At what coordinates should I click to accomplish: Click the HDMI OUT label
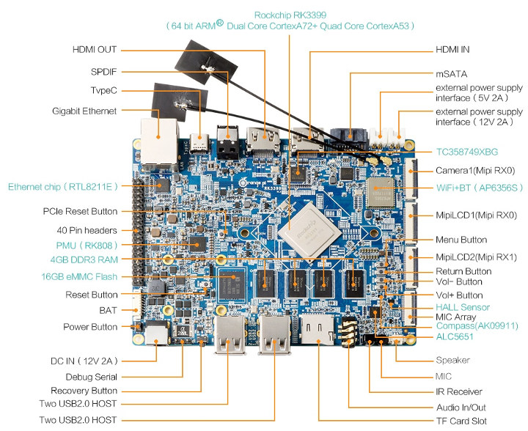pyautogui.click(x=95, y=50)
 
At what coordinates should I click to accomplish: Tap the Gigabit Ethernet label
pyautogui.click(x=84, y=111)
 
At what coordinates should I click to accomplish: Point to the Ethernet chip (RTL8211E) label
pyautogui.click(x=63, y=187)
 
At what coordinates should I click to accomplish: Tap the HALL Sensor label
pyautogui.click(x=462, y=306)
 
